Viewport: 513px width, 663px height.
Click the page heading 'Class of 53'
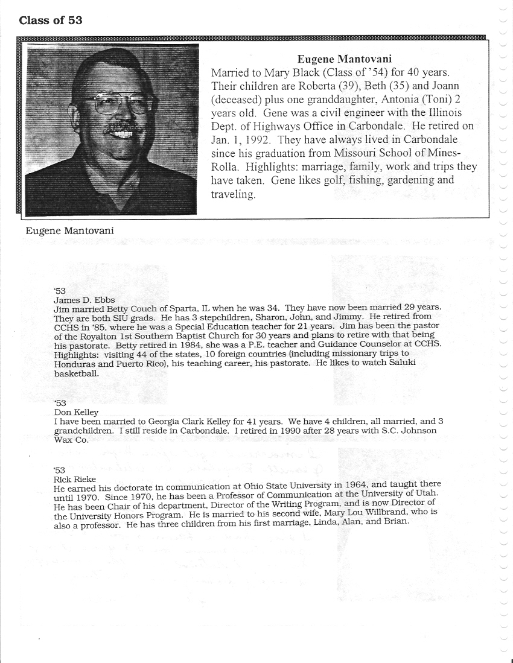tap(51, 21)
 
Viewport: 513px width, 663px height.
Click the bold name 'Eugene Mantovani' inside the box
tap(344, 59)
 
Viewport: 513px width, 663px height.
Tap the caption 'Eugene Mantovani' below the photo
tap(69, 231)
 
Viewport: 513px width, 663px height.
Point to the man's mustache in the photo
tap(124, 129)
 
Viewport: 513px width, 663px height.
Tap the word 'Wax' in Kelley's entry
tap(63, 440)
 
